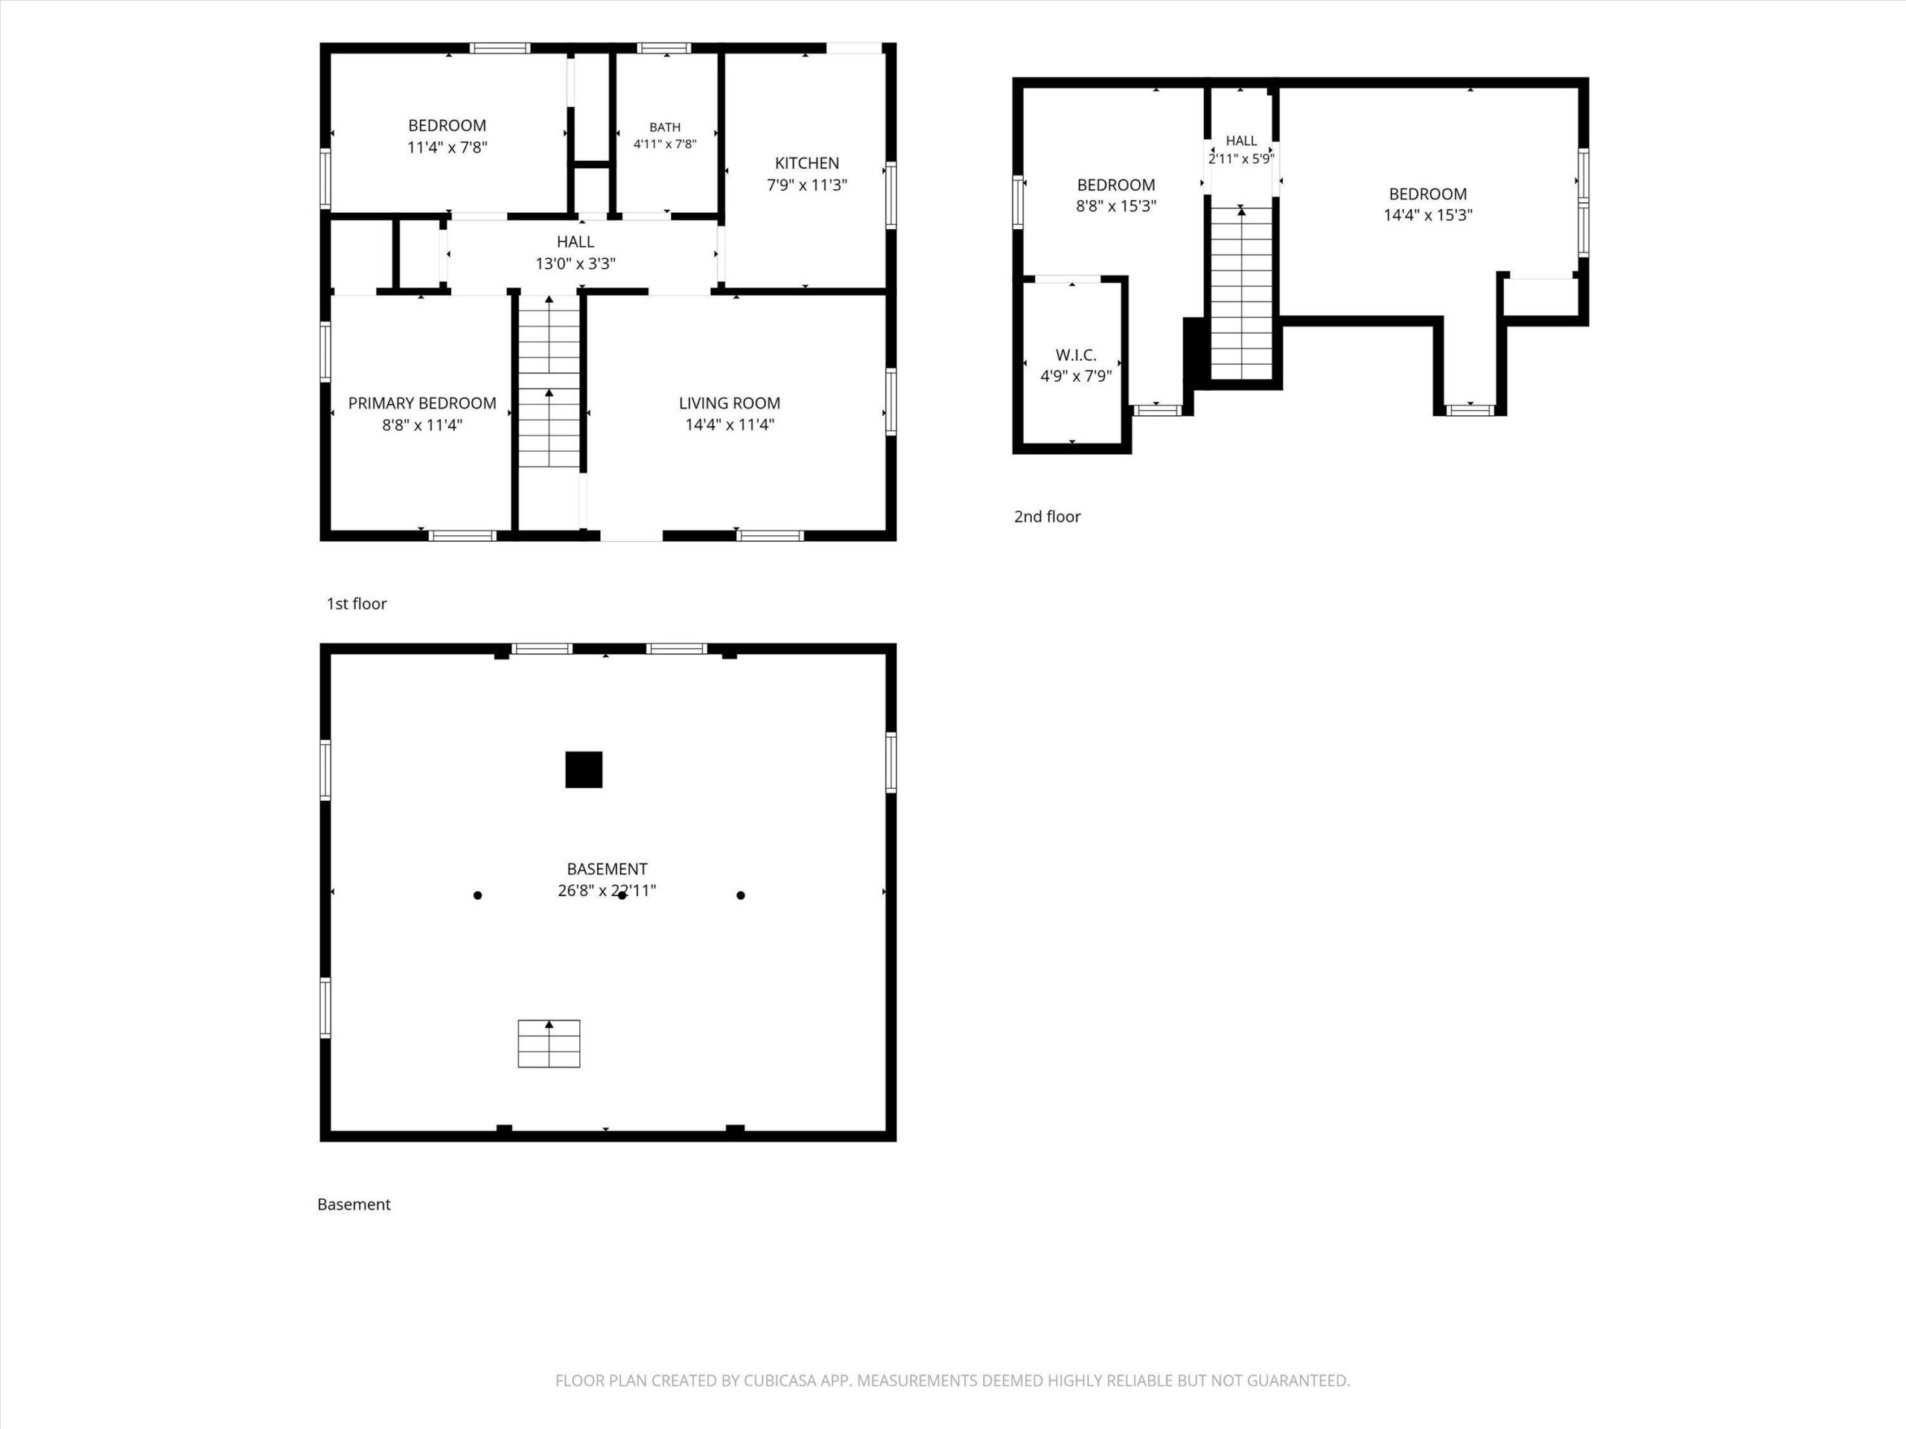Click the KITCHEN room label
click(806, 163)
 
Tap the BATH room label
click(664, 127)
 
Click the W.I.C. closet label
click(1075, 355)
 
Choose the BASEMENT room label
click(607, 869)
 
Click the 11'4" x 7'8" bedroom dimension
click(447, 147)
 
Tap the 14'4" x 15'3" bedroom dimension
click(1428, 215)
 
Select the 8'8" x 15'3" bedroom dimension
click(1116, 206)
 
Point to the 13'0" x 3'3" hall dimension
click(575, 263)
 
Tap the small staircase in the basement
click(549, 1043)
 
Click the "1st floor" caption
click(356, 604)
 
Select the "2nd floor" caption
click(1047, 517)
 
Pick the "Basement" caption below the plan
click(354, 1204)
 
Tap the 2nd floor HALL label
click(1241, 141)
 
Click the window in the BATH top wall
click(663, 48)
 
